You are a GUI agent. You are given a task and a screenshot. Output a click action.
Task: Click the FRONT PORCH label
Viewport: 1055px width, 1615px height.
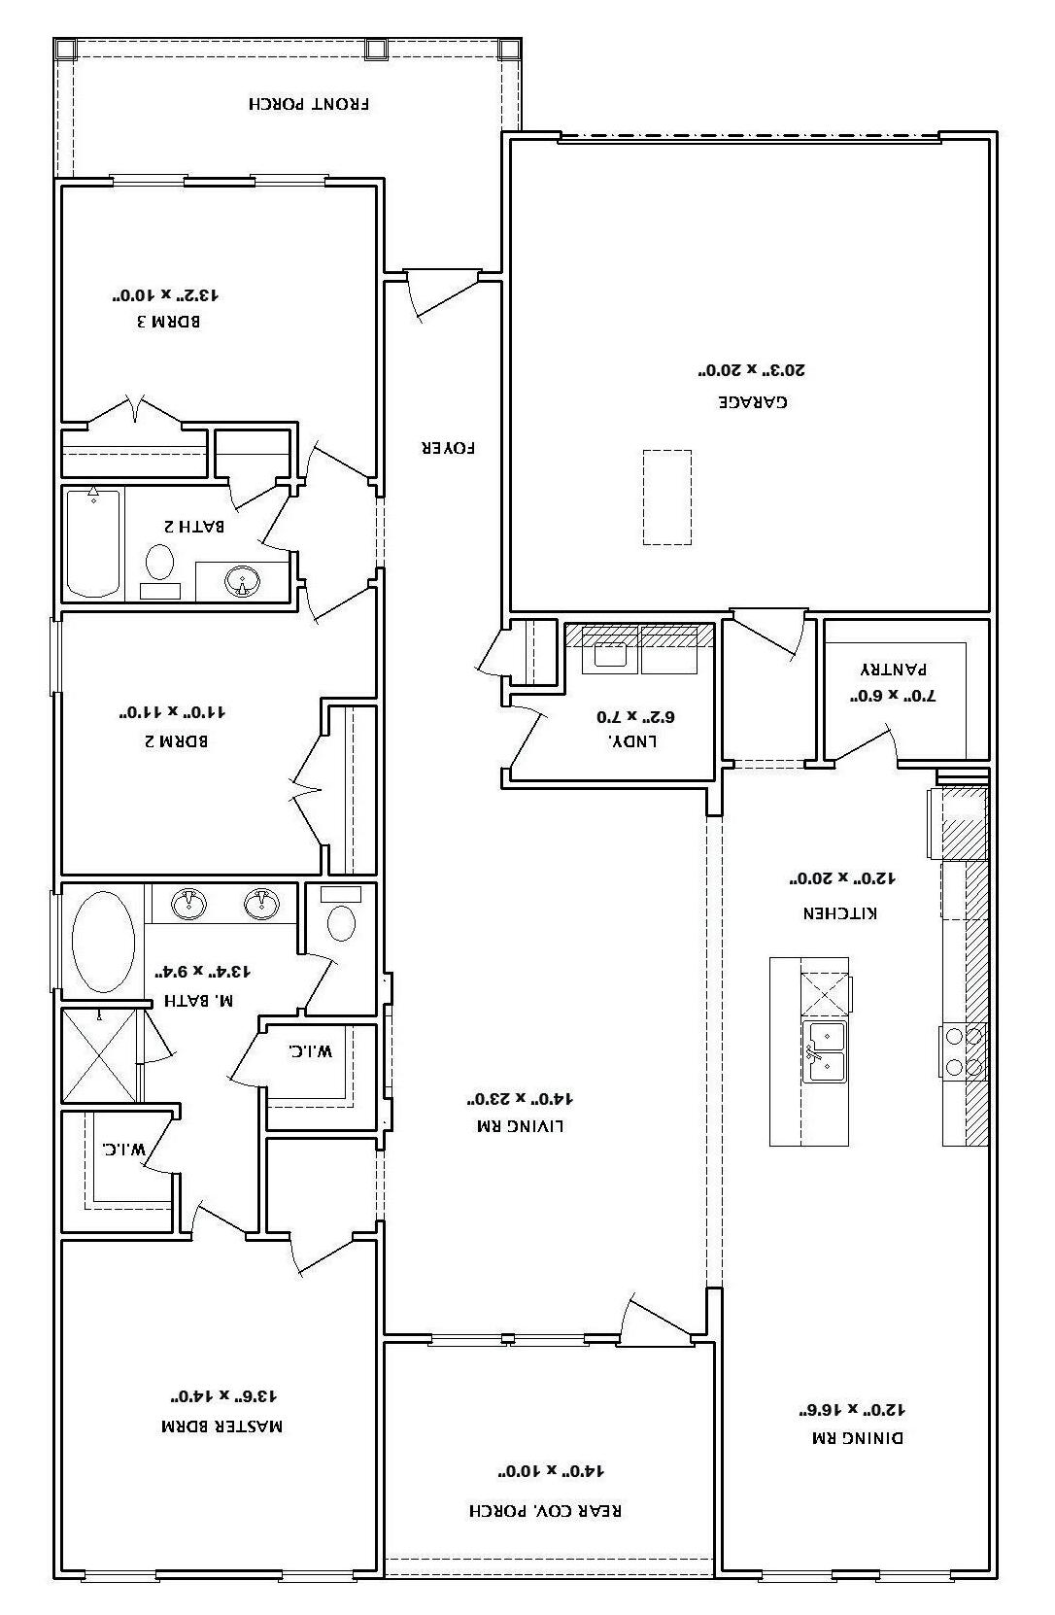[309, 104]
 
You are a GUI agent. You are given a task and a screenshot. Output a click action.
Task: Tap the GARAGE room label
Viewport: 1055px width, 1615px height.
[752, 401]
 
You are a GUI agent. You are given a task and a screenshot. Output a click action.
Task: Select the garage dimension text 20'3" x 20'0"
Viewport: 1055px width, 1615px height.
[751, 370]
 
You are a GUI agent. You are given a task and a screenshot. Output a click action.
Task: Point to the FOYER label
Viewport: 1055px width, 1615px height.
[448, 448]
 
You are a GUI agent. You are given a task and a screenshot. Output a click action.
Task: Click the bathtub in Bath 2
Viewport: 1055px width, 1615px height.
[93, 543]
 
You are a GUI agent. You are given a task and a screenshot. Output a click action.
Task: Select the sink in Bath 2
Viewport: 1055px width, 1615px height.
[243, 580]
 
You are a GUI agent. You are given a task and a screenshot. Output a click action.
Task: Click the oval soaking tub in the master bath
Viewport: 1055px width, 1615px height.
[103, 942]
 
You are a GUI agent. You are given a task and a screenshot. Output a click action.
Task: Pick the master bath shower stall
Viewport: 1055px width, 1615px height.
[99, 1055]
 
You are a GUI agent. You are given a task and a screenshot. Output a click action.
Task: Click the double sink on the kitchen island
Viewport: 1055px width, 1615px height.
[825, 1051]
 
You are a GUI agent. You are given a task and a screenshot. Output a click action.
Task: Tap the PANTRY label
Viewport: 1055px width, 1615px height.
[893, 670]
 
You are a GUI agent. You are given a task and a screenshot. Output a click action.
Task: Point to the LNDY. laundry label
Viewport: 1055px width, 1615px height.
[631, 741]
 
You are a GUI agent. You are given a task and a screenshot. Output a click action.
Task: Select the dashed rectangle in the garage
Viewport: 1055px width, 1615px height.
[666, 498]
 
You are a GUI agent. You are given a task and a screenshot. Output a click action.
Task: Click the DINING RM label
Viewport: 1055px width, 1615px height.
[858, 1437]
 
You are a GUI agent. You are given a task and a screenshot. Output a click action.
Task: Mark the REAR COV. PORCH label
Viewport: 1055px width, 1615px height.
[546, 1510]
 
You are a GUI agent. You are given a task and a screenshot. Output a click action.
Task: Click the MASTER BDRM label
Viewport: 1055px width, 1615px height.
[221, 1426]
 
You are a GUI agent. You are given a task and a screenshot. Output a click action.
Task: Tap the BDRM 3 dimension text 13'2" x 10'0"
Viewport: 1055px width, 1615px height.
[165, 294]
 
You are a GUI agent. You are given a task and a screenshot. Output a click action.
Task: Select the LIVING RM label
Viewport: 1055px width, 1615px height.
[521, 1125]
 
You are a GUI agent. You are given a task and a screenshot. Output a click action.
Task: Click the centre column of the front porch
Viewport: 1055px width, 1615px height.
[375, 49]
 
